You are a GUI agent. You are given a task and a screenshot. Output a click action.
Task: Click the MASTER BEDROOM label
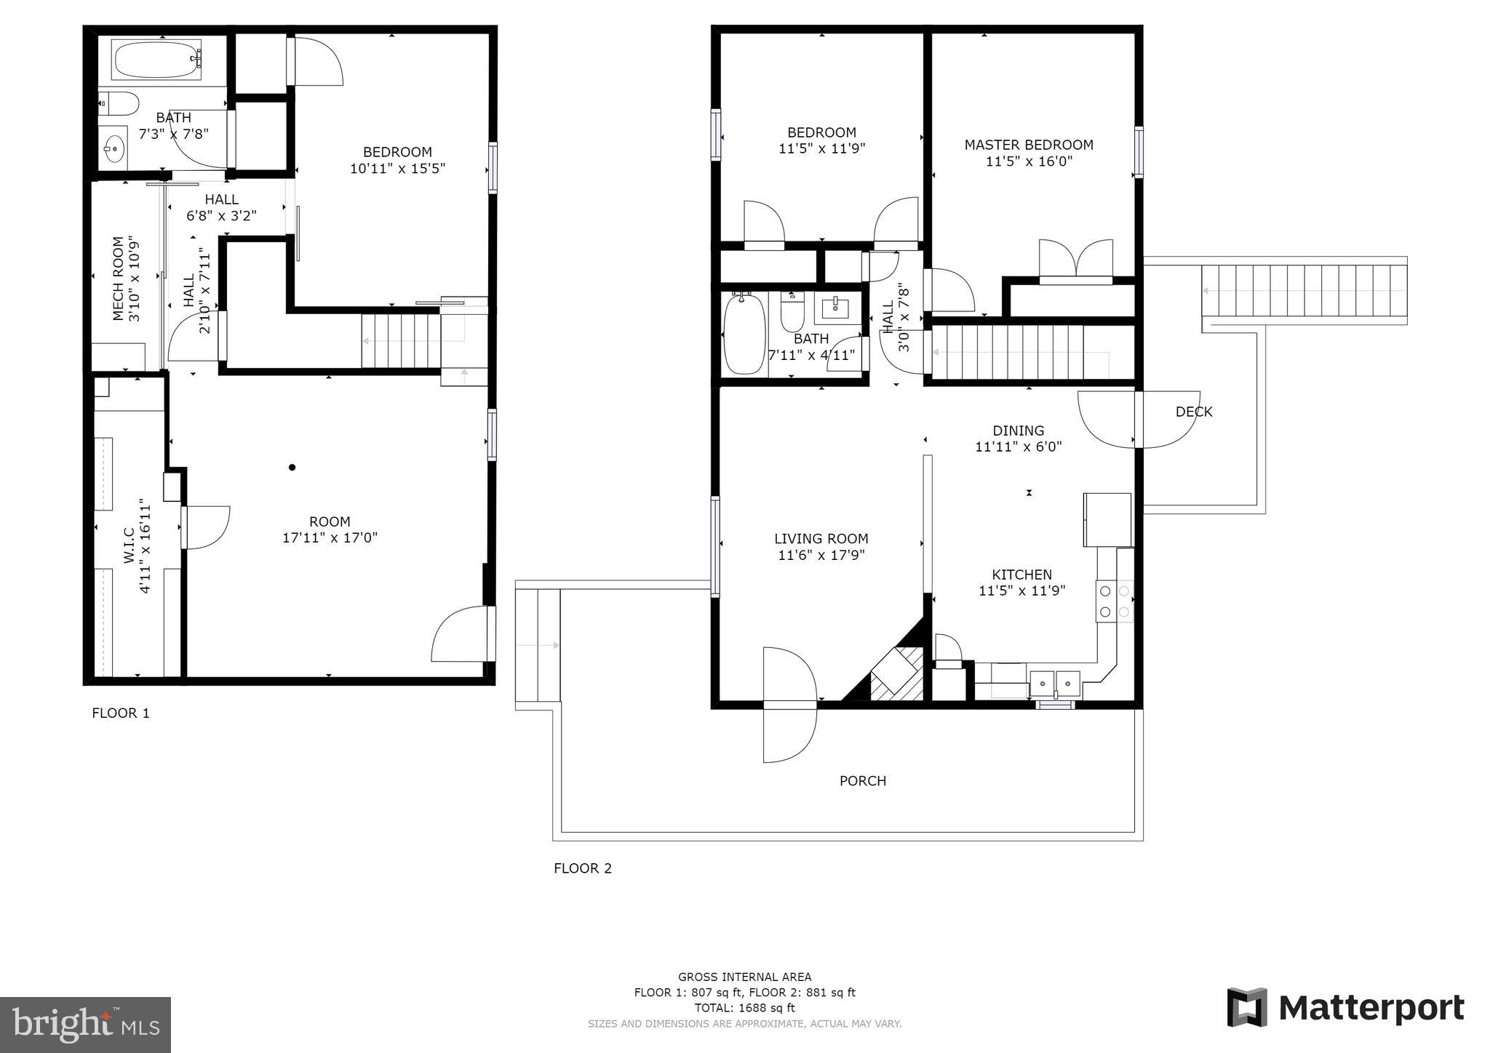tap(1029, 145)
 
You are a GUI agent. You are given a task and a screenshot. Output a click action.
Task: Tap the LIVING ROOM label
tap(821, 539)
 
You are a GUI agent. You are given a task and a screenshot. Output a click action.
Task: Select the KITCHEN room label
tap(1021, 574)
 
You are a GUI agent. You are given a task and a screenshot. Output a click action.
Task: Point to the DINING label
tap(1019, 431)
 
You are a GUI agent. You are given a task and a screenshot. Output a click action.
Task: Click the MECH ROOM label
tap(118, 279)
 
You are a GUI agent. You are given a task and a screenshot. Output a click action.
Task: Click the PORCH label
tap(863, 781)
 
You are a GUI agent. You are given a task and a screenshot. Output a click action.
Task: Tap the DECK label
tap(1194, 412)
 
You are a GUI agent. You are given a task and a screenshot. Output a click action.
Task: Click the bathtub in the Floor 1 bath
tap(157, 60)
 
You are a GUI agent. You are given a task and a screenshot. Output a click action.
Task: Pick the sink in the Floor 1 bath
tap(113, 148)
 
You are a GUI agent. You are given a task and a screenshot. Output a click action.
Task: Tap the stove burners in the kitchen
tap(1115, 601)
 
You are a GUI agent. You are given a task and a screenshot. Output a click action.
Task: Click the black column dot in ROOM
tap(292, 467)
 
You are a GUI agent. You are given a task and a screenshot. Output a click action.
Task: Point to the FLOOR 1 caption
tap(121, 713)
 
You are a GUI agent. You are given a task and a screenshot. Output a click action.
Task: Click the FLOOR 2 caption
tap(583, 868)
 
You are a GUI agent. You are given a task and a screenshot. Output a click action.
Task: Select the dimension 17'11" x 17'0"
tap(330, 538)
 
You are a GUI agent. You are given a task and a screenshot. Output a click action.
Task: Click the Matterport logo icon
tap(1247, 1007)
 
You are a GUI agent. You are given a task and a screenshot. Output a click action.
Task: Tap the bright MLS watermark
tap(86, 1024)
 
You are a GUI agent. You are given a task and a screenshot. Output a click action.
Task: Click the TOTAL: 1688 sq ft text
tap(744, 1008)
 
